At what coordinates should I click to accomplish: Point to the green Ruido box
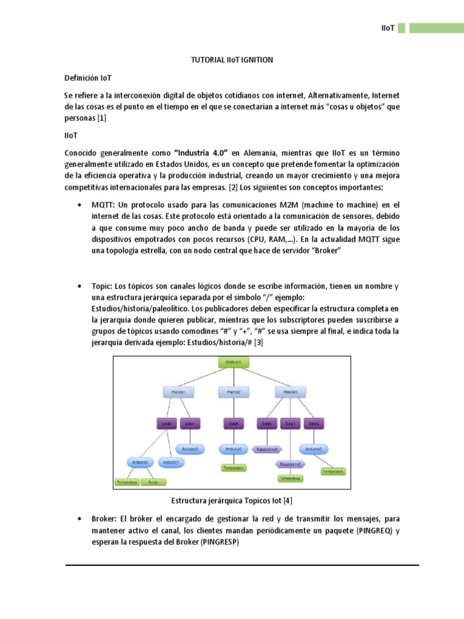[153, 482]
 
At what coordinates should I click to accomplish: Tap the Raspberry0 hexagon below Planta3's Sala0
[267, 449]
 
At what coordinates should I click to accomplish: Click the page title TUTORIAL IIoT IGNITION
[232, 60]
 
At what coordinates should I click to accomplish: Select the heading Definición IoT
[87, 79]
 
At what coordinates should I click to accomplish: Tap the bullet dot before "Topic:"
[80, 285]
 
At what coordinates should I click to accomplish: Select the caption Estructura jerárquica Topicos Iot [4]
[232, 501]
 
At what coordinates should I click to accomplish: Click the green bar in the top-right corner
[435, 28]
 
